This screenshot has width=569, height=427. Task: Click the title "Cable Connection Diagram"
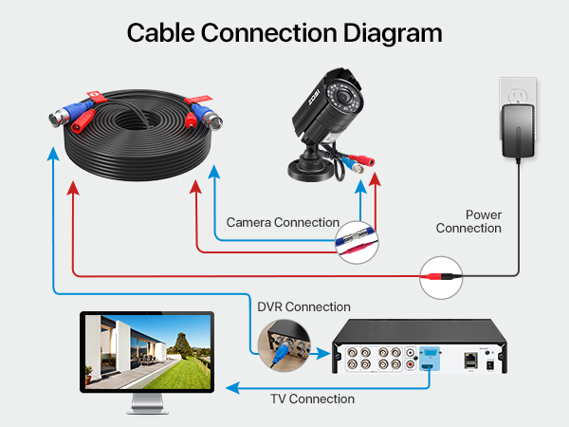[284, 32]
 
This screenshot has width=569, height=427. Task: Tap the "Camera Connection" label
[282, 223]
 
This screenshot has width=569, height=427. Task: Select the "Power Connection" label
[468, 222]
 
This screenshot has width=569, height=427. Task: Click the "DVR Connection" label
[303, 306]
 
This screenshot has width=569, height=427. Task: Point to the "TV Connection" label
[312, 399]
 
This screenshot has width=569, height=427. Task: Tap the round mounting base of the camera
[313, 170]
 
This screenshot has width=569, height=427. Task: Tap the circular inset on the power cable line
[442, 276]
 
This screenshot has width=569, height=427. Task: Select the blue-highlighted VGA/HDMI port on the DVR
[430, 359]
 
